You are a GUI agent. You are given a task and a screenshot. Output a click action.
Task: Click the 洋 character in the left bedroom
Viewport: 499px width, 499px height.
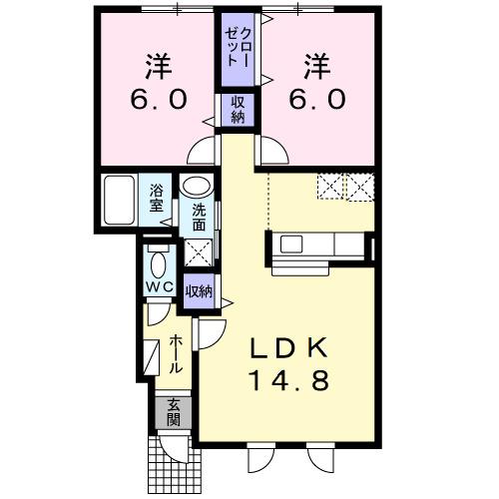[157, 68]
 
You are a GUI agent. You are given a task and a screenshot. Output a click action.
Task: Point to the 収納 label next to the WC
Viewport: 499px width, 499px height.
[199, 291]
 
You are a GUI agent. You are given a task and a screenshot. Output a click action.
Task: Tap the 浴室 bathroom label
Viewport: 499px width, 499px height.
[157, 198]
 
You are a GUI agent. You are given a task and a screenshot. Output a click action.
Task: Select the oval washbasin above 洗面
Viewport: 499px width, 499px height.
[197, 187]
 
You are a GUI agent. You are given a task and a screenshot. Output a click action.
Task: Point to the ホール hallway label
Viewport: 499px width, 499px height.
[177, 354]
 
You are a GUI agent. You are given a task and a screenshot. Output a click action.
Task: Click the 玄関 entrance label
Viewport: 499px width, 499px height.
[174, 411]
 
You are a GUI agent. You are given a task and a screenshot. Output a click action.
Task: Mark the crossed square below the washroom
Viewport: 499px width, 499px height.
[197, 250]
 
